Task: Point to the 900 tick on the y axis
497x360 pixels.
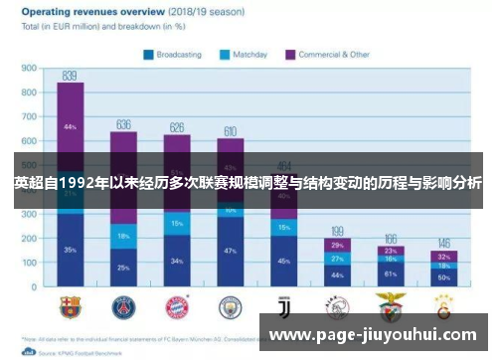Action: point(29,70)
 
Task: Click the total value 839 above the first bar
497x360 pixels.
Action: point(70,76)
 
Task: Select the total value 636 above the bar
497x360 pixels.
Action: point(123,124)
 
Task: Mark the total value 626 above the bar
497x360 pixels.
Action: point(177,127)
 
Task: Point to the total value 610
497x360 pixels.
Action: point(230,131)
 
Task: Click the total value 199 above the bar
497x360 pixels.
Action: point(337,231)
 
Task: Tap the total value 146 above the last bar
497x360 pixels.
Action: point(443,244)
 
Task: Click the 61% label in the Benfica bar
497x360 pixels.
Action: point(391,272)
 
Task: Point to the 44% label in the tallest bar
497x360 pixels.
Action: point(70,127)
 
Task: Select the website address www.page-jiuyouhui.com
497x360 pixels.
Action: point(375,335)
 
